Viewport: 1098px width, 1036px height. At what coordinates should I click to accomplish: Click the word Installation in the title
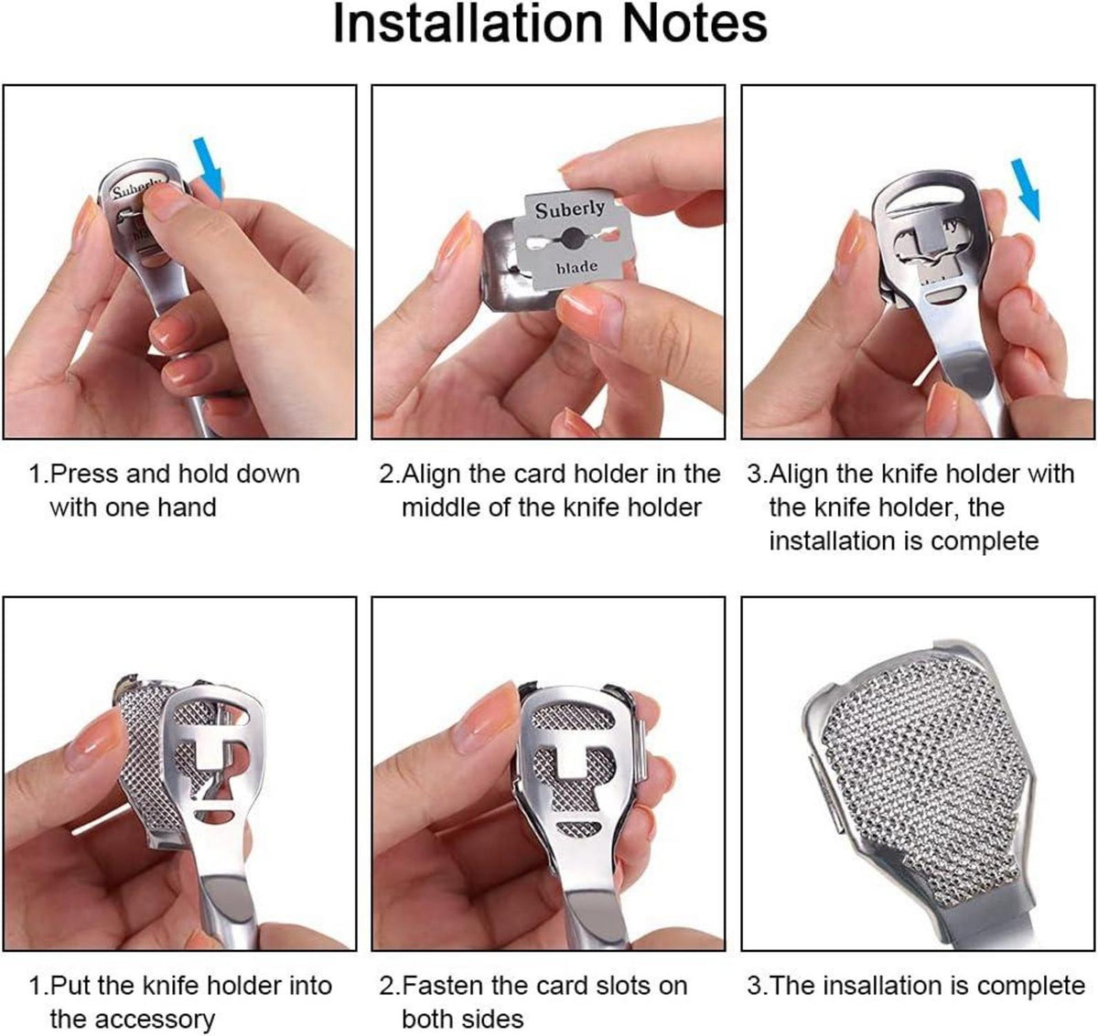468,25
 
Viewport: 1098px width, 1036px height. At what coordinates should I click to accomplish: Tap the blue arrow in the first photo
210,167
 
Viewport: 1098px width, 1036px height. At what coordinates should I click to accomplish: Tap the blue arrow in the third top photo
1026,189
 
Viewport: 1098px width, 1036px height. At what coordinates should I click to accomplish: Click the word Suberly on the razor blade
569,208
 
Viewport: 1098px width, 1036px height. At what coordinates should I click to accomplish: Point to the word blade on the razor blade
576,267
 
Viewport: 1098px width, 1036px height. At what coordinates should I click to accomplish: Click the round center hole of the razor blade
572,238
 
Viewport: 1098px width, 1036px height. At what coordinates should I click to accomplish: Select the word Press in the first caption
83,474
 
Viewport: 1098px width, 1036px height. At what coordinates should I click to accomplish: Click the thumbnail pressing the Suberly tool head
167,202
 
